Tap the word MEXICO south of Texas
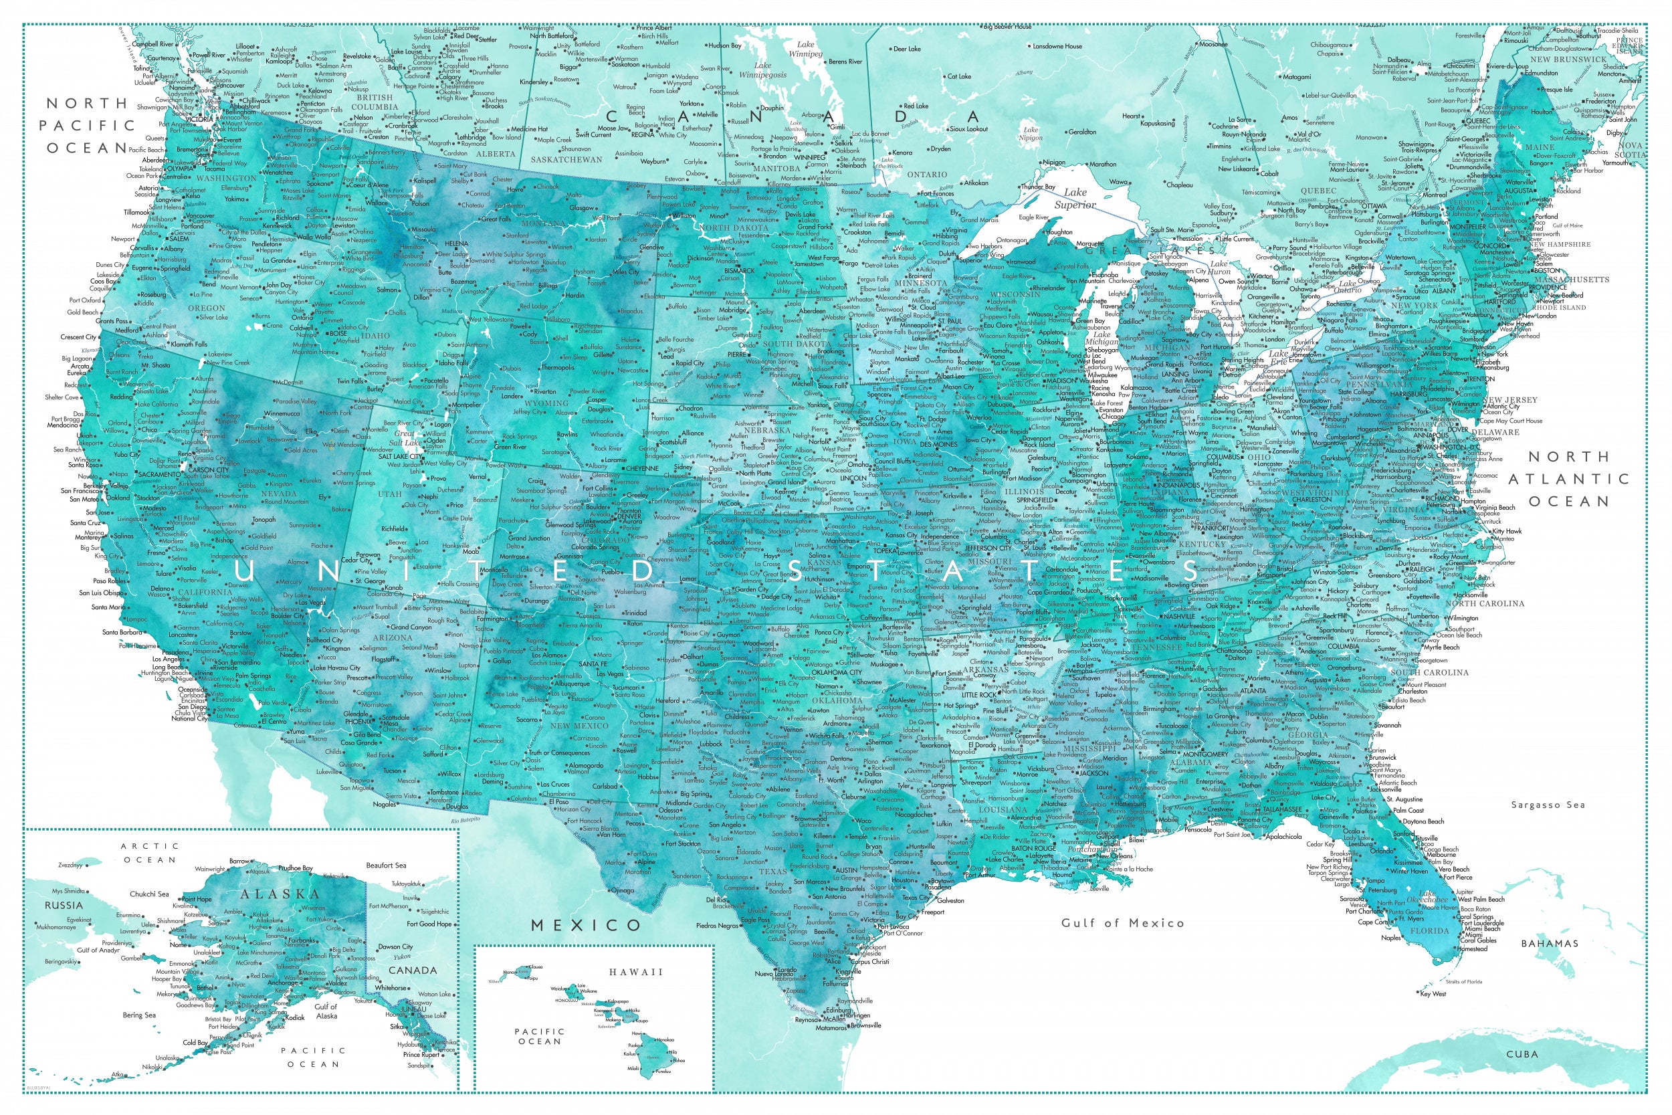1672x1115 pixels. pyautogui.click(x=587, y=925)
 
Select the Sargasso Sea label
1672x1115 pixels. pyautogui.click(x=1548, y=805)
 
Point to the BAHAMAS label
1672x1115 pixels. pyautogui.click(x=1550, y=944)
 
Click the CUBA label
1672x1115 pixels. pyautogui.click(x=1522, y=1054)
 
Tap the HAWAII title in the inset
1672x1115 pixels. pyautogui.click(x=635, y=972)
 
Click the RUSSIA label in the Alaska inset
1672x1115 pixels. pyautogui.click(x=64, y=905)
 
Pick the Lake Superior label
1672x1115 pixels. pyautogui.click(x=1075, y=199)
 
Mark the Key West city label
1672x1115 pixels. pyautogui.click(x=1433, y=994)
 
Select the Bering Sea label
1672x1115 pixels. pyautogui.click(x=138, y=1015)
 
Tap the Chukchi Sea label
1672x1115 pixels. pyautogui.click(x=149, y=894)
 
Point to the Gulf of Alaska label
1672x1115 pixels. pyautogui.click(x=326, y=1011)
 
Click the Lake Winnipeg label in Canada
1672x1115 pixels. pyautogui.click(x=805, y=49)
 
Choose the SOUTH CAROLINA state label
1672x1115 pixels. pyautogui.click(x=1429, y=672)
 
